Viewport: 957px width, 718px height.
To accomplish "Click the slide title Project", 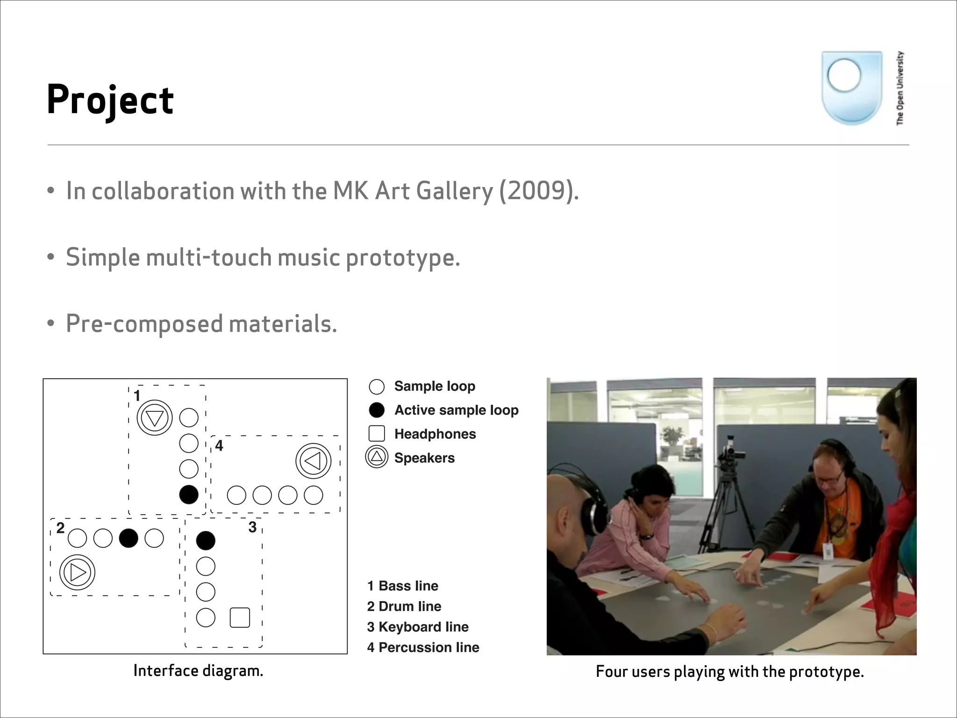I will click(x=110, y=100).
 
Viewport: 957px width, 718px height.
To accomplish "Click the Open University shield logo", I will click(x=851, y=88).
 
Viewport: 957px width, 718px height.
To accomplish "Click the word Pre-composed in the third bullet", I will click(x=144, y=323).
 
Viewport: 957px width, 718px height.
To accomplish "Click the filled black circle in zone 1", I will click(x=189, y=494).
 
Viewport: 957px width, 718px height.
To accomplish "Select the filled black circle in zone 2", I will click(x=129, y=538).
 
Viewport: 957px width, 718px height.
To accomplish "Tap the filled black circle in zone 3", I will click(x=206, y=540).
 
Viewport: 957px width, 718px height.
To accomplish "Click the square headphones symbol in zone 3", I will click(x=240, y=617).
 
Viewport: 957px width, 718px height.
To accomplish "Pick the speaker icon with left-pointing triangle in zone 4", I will click(x=313, y=461).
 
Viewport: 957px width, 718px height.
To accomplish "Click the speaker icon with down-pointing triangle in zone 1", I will click(x=155, y=417).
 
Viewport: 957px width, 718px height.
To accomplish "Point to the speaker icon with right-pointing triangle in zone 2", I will click(x=77, y=572).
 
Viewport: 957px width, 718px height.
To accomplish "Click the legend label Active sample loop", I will click(x=456, y=410).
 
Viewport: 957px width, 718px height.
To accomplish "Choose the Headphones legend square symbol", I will click(x=377, y=433).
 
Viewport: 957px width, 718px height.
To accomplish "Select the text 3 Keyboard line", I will click(x=418, y=627).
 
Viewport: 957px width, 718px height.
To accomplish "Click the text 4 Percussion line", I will click(x=423, y=647).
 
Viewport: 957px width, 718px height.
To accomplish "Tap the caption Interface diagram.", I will click(x=198, y=671).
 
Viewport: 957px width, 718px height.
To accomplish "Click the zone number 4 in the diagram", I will click(x=219, y=445).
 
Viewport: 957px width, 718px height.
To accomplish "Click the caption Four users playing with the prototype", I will click(x=729, y=672).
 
